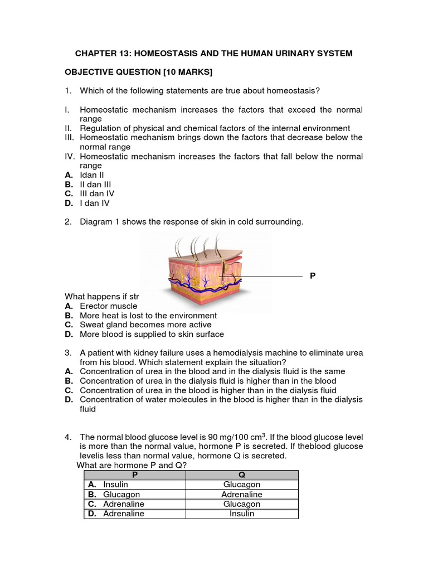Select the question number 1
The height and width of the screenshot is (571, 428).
tap(67, 91)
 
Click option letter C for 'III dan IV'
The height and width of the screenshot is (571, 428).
tap(69, 193)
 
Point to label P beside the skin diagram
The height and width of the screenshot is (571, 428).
tap(313, 276)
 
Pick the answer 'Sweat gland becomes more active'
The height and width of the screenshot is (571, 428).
tap(145, 325)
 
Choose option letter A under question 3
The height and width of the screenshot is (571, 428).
tap(69, 371)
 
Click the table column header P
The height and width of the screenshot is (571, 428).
tap(134, 475)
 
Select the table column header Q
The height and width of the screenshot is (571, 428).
tap(241, 475)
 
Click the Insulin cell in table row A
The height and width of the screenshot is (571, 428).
tap(115, 485)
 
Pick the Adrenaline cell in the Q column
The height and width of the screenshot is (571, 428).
tap(241, 494)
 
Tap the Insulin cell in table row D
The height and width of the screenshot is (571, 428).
tap(241, 514)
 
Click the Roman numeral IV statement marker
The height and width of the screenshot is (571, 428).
tap(70, 157)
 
